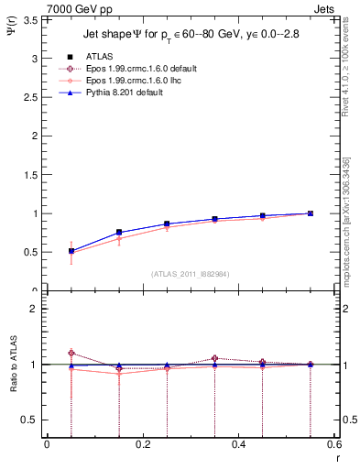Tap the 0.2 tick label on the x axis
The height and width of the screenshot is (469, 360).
click(142, 444)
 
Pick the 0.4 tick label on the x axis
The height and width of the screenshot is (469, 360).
click(239, 444)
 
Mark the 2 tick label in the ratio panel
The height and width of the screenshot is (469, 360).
click(35, 309)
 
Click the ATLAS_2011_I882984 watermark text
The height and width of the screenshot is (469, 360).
click(191, 274)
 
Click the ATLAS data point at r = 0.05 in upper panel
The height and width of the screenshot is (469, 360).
click(71, 250)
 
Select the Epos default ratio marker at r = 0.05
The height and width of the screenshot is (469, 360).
click(71, 353)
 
